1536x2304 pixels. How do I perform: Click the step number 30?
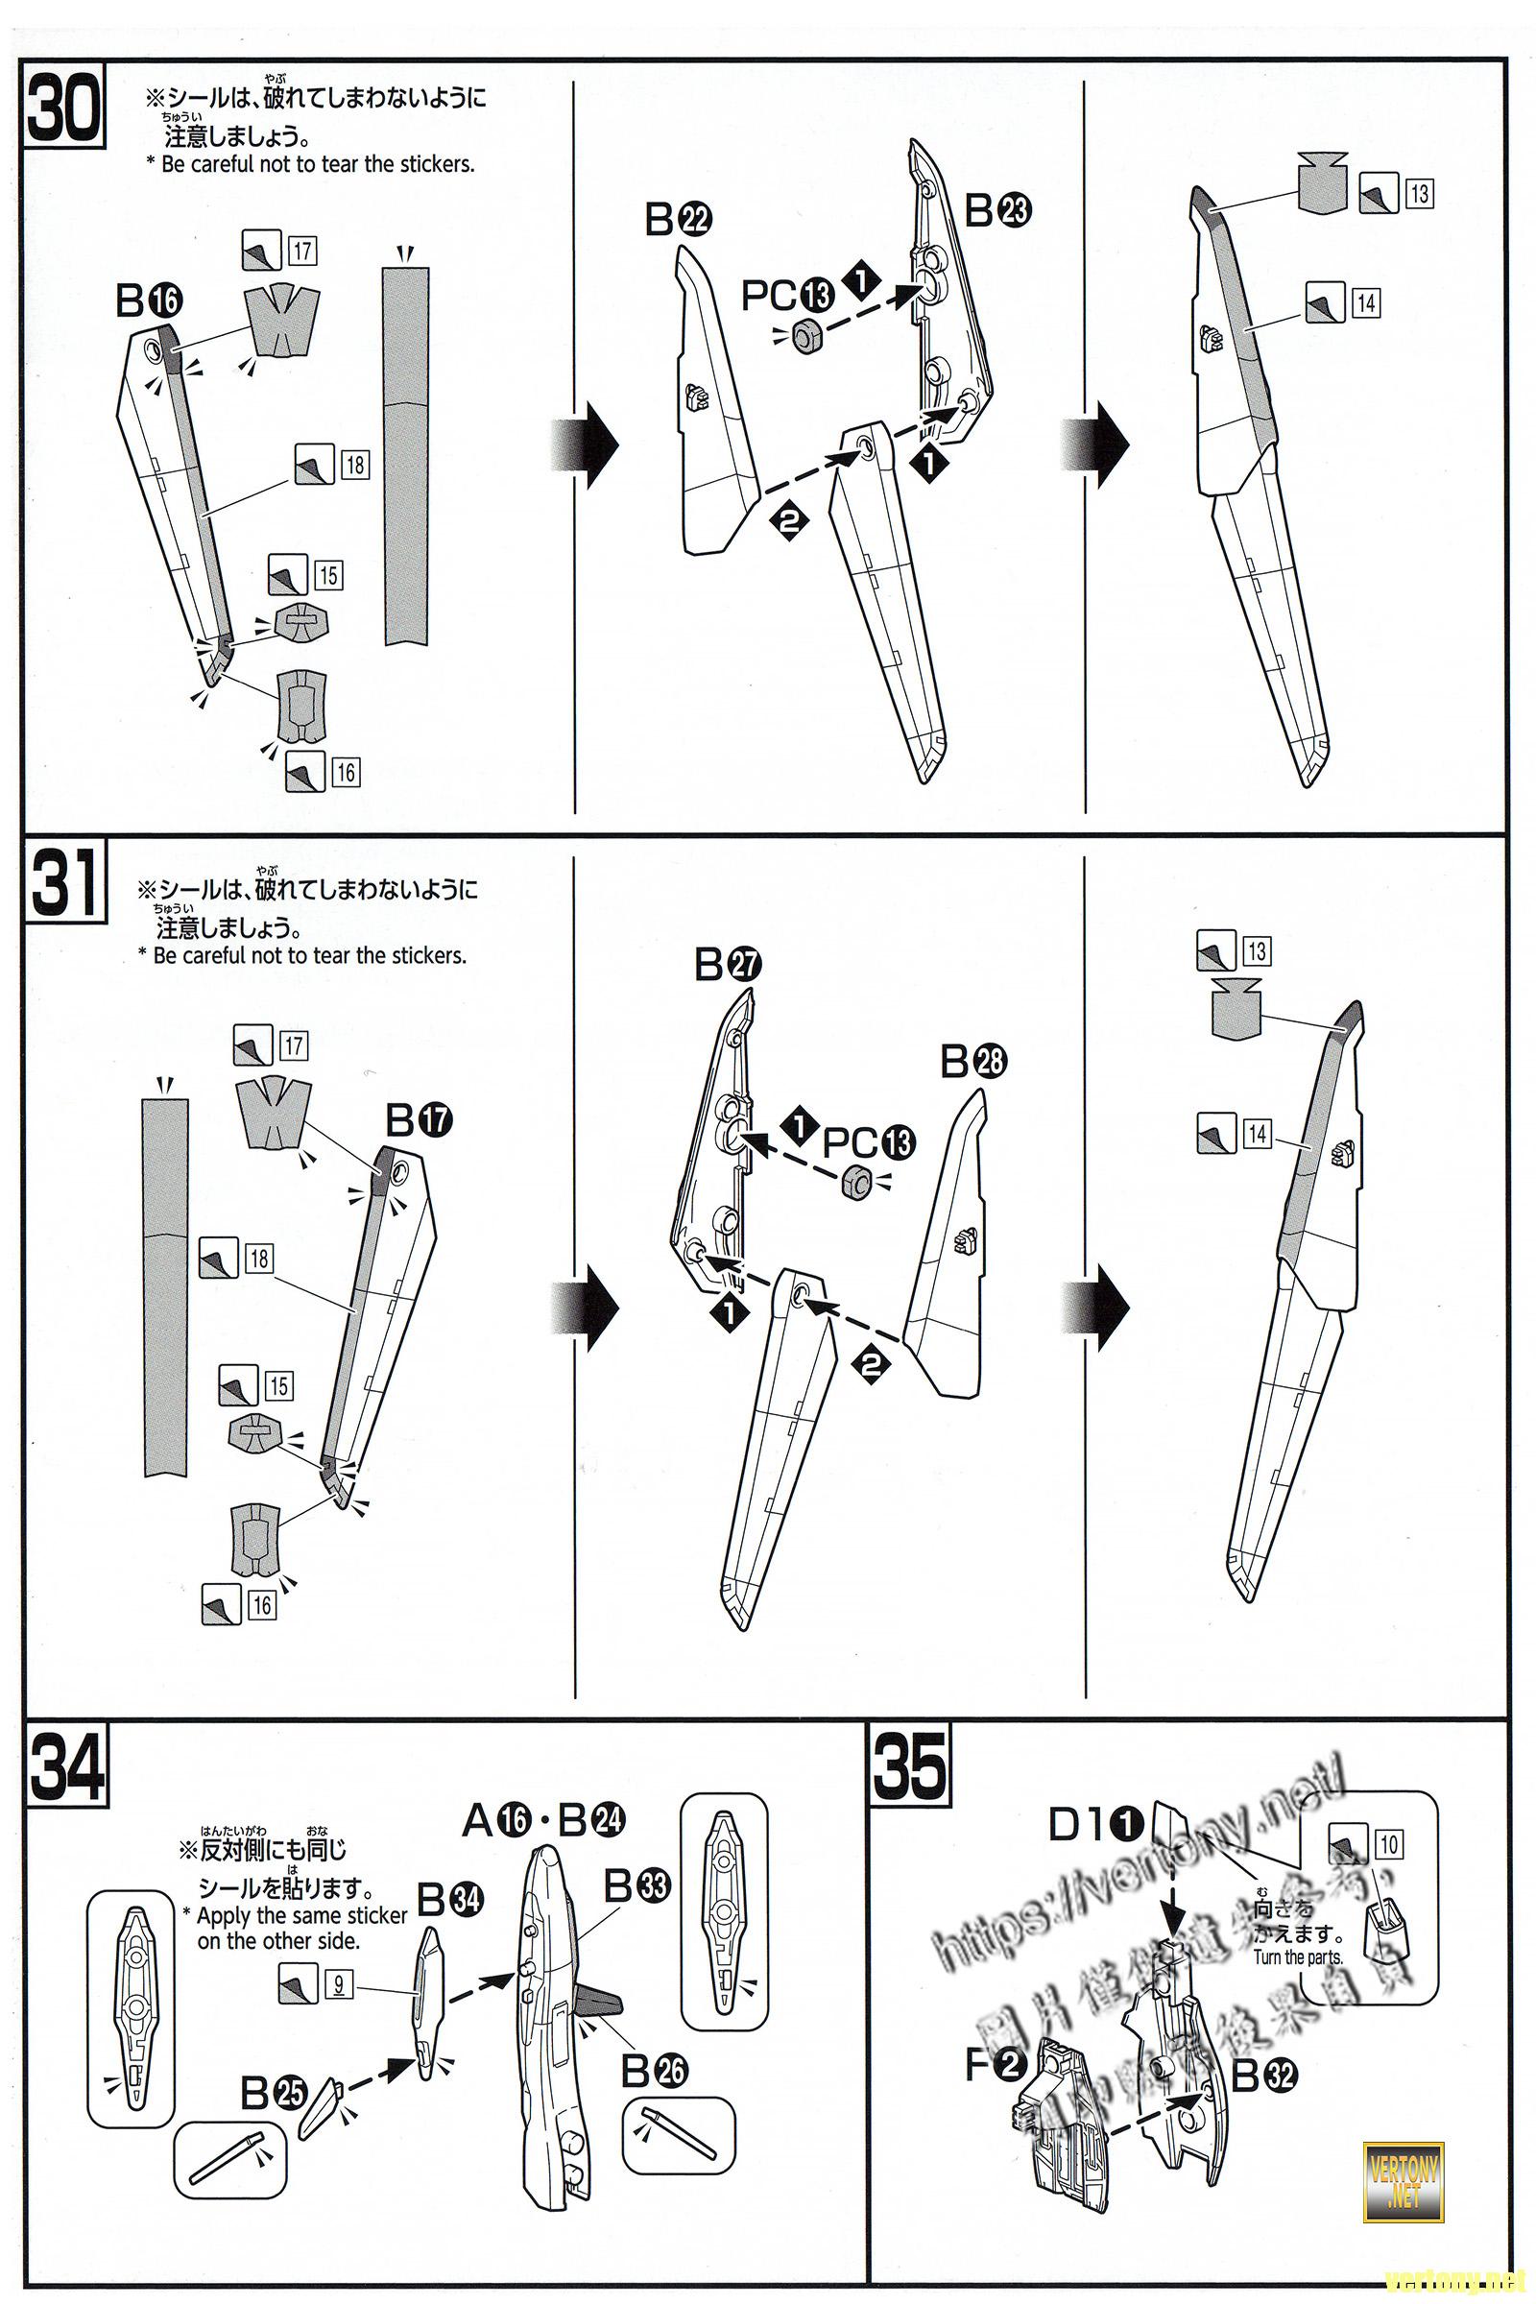tap(62, 109)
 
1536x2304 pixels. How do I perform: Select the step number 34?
tap(66, 1766)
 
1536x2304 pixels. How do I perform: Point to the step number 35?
tap(910, 1766)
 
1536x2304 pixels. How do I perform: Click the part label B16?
tap(149, 300)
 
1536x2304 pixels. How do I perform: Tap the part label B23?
tap(998, 209)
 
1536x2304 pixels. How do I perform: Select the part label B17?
tap(420, 1119)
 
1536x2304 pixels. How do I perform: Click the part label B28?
tap(973, 1061)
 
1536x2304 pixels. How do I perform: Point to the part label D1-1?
tap(1096, 1824)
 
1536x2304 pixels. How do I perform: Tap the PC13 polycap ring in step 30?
tap(806, 337)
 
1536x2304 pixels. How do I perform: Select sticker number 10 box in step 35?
tap(1389, 1845)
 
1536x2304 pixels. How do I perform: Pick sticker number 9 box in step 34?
tap(338, 1985)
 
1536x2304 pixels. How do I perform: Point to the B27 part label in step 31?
tap(728, 965)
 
